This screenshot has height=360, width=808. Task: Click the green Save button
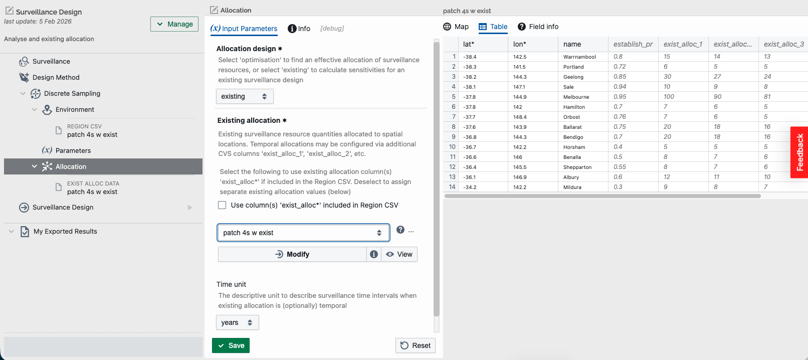click(231, 345)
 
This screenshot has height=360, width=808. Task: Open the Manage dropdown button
click(174, 24)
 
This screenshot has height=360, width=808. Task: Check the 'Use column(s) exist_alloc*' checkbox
click(222, 205)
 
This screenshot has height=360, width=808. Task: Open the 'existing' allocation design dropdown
click(245, 96)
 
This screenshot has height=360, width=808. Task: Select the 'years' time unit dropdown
click(238, 322)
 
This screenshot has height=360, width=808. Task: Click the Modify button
click(292, 254)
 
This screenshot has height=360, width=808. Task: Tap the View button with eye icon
click(399, 254)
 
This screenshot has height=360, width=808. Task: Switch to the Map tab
click(456, 27)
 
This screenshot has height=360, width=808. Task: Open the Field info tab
click(538, 27)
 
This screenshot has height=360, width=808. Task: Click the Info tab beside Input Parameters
click(299, 29)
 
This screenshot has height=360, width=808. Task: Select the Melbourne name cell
click(576, 97)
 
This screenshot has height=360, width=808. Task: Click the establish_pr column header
click(633, 44)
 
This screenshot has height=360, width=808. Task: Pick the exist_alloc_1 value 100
click(669, 97)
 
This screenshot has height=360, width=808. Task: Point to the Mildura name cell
click(572, 187)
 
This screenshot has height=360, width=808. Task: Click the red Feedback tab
click(799, 152)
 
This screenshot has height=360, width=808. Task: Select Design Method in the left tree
click(56, 77)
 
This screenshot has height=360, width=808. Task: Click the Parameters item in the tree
click(73, 150)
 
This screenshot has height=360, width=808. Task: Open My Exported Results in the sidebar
click(65, 231)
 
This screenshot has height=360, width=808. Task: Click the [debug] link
click(332, 28)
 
